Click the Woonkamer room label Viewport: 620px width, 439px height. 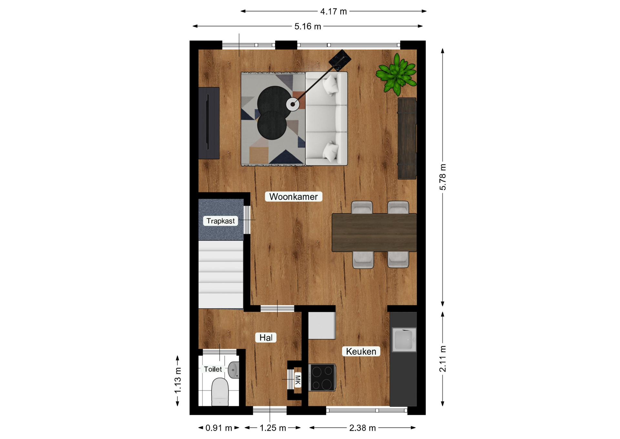click(293, 197)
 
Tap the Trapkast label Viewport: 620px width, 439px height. click(221, 221)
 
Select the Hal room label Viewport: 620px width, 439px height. click(266, 337)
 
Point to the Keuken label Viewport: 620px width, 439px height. click(361, 351)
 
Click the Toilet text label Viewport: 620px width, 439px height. click(213, 369)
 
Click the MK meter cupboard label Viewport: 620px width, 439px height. click(298, 380)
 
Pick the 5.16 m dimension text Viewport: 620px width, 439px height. click(307, 27)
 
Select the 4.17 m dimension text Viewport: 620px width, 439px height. click(333, 12)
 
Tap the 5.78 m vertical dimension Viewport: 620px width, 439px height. click(443, 177)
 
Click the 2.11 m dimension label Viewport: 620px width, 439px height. click(443, 359)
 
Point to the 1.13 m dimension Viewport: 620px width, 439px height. click(178, 380)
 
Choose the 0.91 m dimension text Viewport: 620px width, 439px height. click(219, 428)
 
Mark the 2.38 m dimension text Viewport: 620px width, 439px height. click(362, 428)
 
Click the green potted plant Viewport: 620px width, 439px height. click(397, 74)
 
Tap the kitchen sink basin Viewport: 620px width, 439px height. click(404, 339)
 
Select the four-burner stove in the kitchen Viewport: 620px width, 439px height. click(322, 378)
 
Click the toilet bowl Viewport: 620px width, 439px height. click(220, 391)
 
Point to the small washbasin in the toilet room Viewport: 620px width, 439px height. click(233, 370)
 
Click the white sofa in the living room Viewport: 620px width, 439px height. click(326, 119)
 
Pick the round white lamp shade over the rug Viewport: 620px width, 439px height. click(293, 104)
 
